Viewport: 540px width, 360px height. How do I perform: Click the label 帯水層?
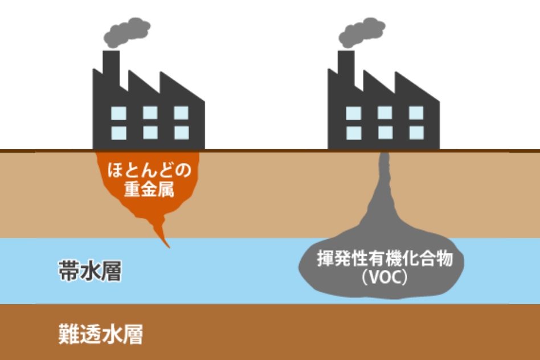coord(90,272)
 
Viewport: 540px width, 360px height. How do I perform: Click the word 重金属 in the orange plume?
coord(149,189)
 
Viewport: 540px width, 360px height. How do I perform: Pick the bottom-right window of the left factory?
coord(181,132)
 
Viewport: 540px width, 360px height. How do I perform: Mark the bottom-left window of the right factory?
coord(354,132)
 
